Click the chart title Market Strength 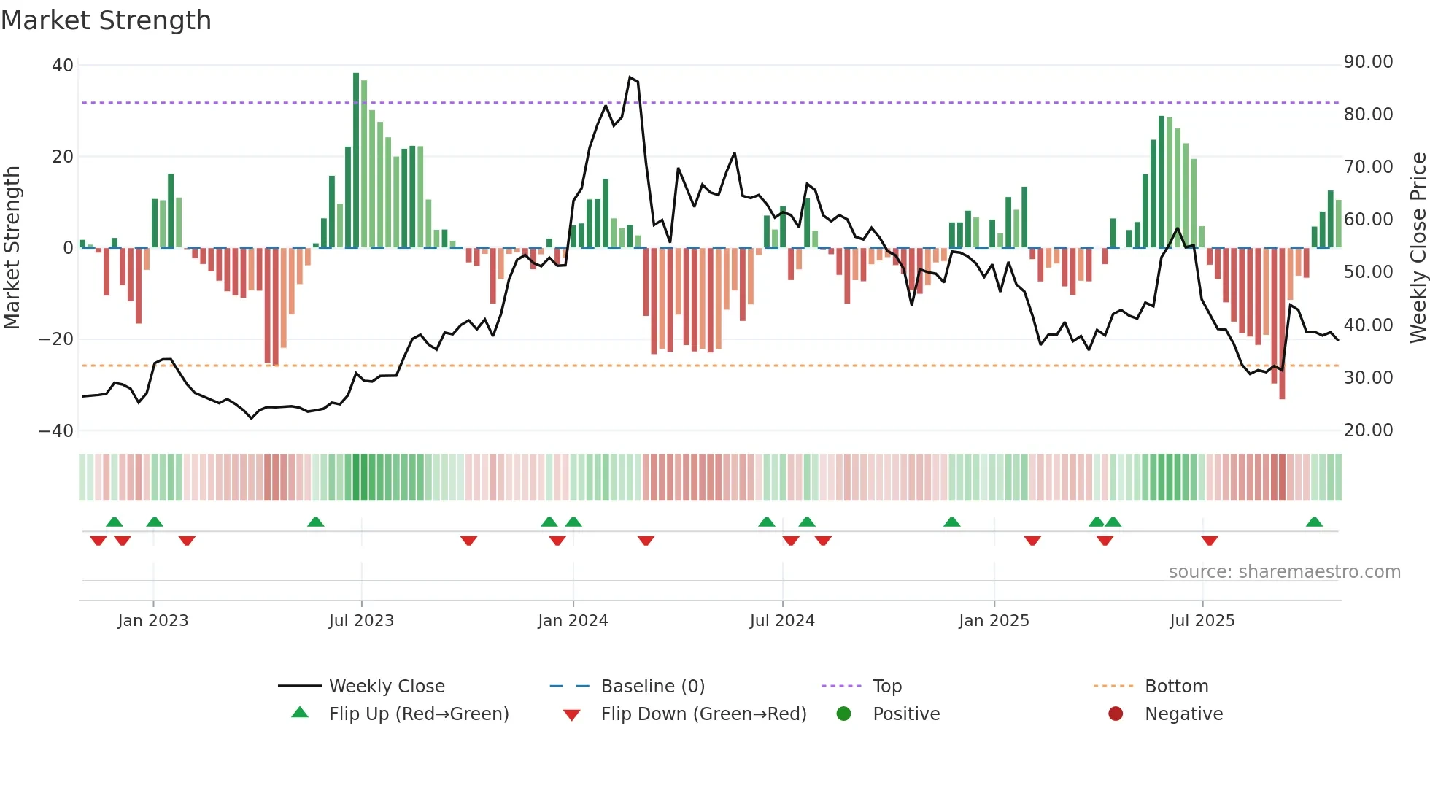click(x=106, y=20)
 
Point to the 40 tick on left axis click(x=63, y=65)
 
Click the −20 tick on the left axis click(x=56, y=339)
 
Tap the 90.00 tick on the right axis click(x=1368, y=62)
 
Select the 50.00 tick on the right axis click(x=1368, y=272)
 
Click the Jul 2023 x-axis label click(x=361, y=621)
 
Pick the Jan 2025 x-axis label click(x=994, y=621)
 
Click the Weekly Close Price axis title click(x=1418, y=248)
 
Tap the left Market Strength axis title click(x=12, y=248)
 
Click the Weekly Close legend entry click(x=386, y=687)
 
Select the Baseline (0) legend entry click(x=652, y=687)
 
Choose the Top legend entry click(x=886, y=687)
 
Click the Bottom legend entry click(x=1176, y=687)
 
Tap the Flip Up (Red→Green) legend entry click(x=418, y=714)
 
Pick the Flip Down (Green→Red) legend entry click(x=703, y=714)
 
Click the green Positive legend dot click(x=844, y=714)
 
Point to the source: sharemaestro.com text click(x=1284, y=572)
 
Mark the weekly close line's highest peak click(x=630, y=77)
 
